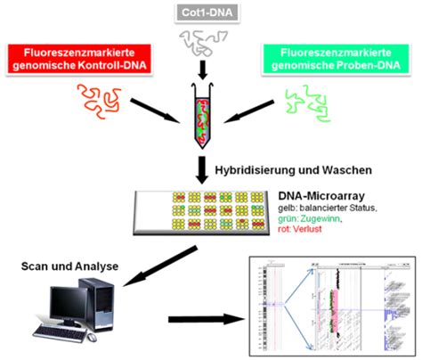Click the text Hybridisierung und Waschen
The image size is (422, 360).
tap(294, 169)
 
